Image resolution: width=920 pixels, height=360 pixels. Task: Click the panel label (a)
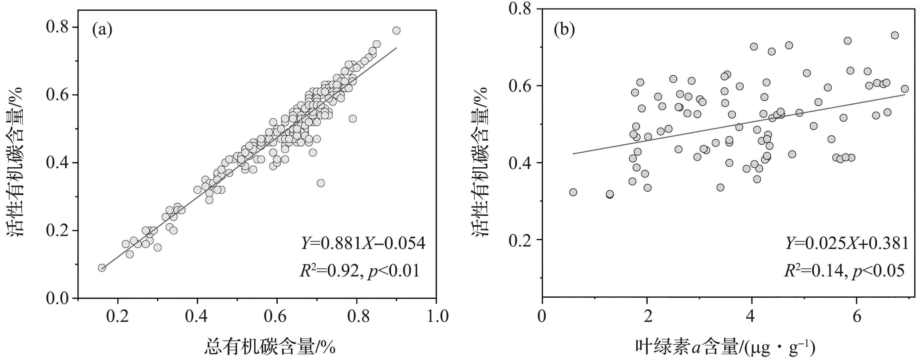pyautogui.click(x=102, y=30)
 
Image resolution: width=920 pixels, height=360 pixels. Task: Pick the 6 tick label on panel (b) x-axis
pyautogui.click(x=857, y=317)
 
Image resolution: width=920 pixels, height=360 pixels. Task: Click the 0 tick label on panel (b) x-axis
pyautogui.click(x=542, y=317)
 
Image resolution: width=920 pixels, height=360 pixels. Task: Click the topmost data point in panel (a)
pyautogui.click(x=396, y=31)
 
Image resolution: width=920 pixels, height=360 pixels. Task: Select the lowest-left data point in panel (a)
pyautogui.click(x=102, y=268)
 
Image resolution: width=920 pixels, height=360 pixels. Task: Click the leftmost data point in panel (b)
pyautogui.click(x=573, y=192)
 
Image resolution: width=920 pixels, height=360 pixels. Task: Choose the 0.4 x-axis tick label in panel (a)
pyautogui.click(x=197, y=317)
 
